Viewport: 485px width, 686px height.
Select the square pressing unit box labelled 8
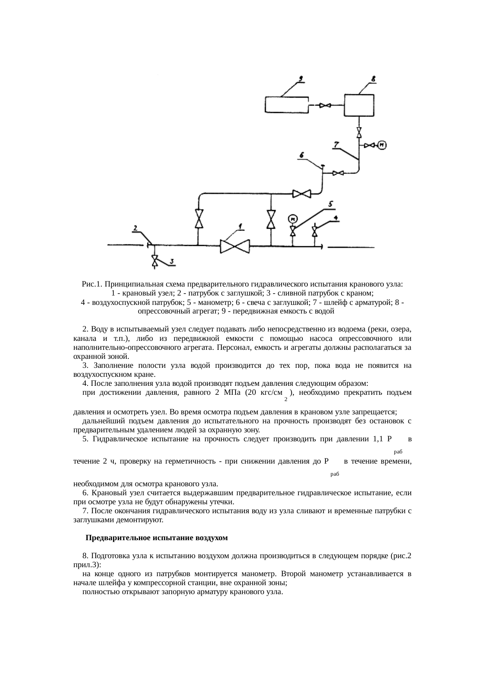[359, 105]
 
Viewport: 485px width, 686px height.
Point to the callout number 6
[302, 155]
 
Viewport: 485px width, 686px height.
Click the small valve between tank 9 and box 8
[325, 105]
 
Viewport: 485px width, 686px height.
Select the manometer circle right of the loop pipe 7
[382, 145]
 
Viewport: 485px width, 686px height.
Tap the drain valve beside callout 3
[155, 261]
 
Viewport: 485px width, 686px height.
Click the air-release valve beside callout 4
[315, 231]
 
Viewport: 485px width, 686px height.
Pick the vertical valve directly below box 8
[359, 132]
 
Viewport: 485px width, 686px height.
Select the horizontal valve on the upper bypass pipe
[302, 193]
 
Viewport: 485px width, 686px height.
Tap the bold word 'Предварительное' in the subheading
[115, 538]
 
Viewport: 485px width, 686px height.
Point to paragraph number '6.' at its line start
[85, 493]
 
